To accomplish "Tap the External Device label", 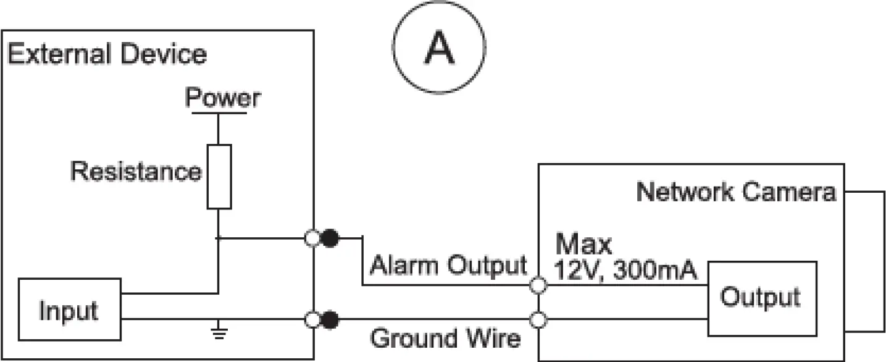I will [107, 54].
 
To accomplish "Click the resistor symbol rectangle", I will [219, 176].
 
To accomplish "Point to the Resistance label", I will [136, 171].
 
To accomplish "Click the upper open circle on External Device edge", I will [313, 237].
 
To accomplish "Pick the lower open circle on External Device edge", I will [313, 320].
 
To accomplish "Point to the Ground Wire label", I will [445, 339].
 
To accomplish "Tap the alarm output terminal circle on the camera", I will [539, 285].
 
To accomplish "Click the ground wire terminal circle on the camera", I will [539, 320].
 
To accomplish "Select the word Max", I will [583, 245].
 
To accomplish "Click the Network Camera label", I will [736, 192].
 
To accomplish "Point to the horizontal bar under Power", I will [219, 113].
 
